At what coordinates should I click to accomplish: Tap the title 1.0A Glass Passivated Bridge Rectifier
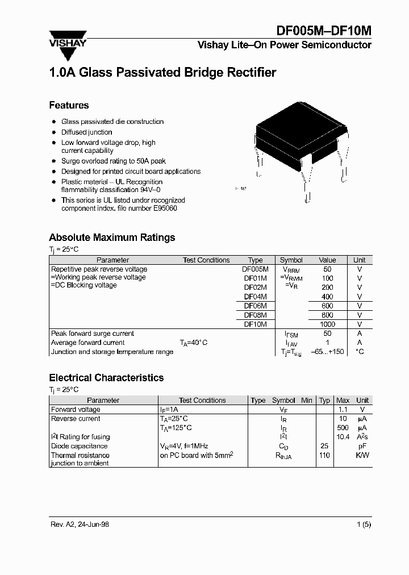[162, 73]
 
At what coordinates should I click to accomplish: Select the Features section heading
[69, 105]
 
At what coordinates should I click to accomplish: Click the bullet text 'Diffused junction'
[87, 132]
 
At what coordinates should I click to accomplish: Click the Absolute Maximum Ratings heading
[112, 238]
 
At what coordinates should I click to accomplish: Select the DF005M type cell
[255, 269]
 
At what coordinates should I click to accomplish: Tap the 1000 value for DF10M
[327, 324]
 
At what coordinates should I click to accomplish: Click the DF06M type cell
[255, 306]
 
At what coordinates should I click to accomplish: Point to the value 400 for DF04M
[327, 297]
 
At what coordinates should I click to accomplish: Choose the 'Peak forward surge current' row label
[93, 334]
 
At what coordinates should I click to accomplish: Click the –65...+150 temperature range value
[327, 352]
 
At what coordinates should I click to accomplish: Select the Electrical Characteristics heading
[106, 378]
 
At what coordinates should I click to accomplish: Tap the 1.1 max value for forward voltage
[343, 410]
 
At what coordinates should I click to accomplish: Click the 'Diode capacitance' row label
[79, 446]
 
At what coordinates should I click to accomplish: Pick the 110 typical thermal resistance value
[324, 455]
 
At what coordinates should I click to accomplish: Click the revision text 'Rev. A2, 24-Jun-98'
[79, 524]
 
